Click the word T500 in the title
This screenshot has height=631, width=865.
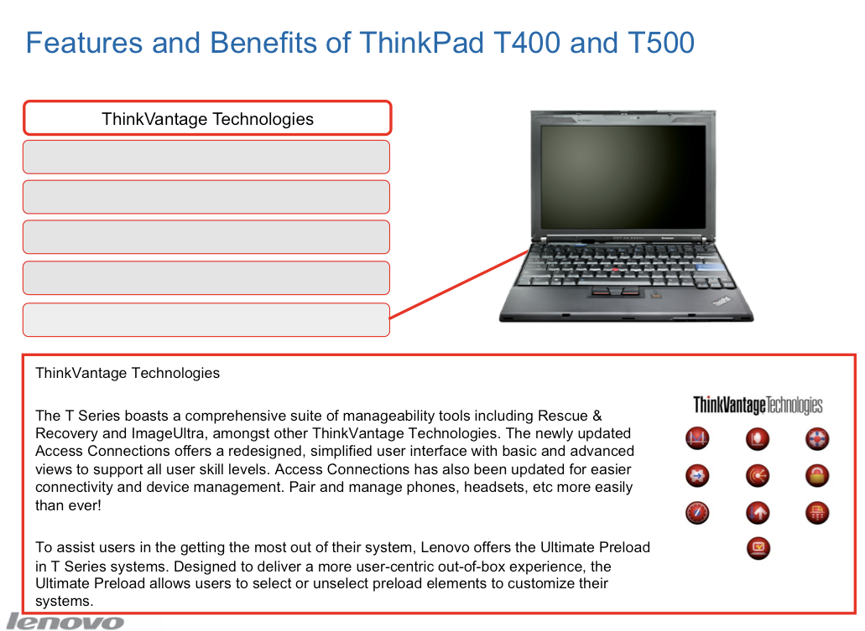(x=661, y=43)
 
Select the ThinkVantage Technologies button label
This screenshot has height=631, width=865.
(x=207, y=119)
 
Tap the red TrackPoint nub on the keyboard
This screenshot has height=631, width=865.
(x=615, y=270)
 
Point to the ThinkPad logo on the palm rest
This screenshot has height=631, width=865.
(x=722, y=301)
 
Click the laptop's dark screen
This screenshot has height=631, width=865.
(x=623, y=176)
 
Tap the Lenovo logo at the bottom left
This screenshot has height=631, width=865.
(x=65, y=622)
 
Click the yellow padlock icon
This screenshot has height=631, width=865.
(x=817, y=475)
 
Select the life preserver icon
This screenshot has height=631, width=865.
(x=817, y=438)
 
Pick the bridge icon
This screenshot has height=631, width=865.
(x=697, y=438)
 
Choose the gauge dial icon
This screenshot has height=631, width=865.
(x=697, y=513)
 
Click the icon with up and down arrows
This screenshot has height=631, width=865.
(x=758, y=513)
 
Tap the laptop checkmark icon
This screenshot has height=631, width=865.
(x=758, y=548)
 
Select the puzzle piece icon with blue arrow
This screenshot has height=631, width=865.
(x=697, y=475)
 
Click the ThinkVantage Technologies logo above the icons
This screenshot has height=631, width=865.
(x=758, y=405)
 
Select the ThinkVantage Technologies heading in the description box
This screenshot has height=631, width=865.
(x=128, y=373)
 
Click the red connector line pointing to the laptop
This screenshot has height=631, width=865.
(x=459, y=284)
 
